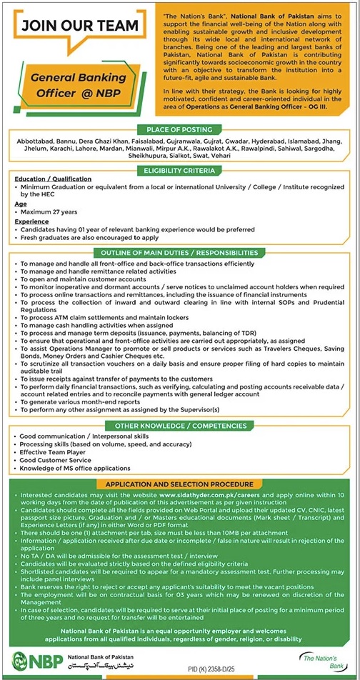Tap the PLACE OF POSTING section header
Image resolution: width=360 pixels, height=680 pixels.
tap(179, 130)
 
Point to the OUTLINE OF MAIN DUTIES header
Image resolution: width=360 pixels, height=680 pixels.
tap(180, 253)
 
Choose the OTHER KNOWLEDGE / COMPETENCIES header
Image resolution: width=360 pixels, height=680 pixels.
tap(180, 426)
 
